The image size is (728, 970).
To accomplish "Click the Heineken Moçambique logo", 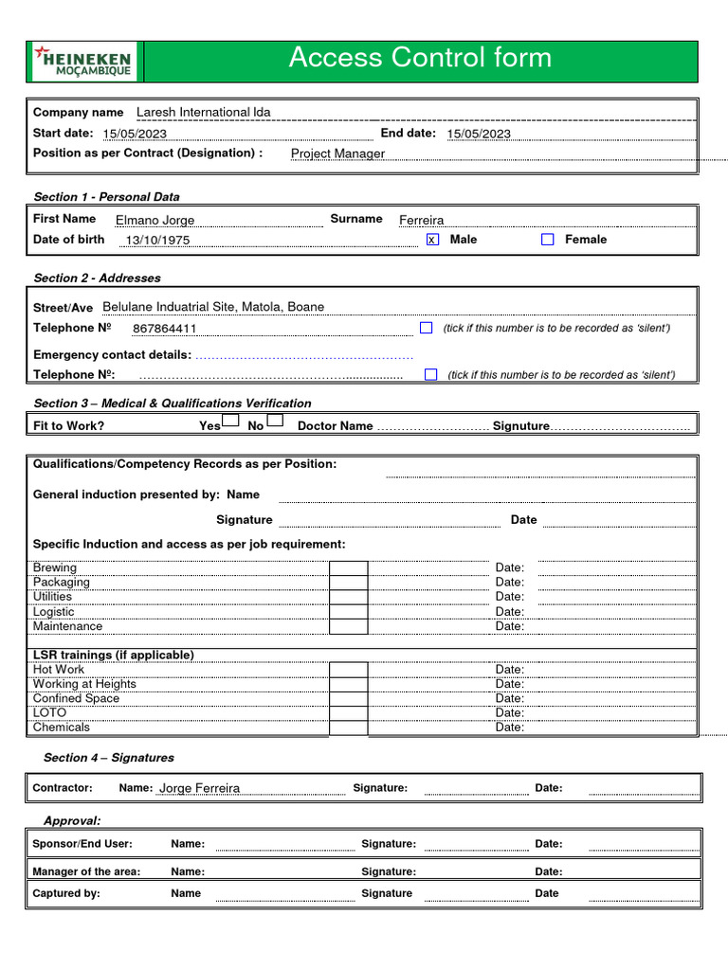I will pyautogui.click(x=83, y=61).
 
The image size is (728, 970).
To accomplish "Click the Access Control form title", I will pyautogui.click(x=420, y=58).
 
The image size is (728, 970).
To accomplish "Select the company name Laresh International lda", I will pyautogui.click(x=203, y=112).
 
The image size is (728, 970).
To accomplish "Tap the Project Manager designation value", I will pyautogui.click(x=337, y=153).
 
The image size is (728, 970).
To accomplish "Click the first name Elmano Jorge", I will pyautogui.click(x=155, y=220).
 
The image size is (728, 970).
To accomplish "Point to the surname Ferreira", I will pyautogui.click(x=421, y=220).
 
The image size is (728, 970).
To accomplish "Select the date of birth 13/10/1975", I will pyautogui.click(x=157, y=241).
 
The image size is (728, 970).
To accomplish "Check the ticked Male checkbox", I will pyautogui.click(x=432, y=240).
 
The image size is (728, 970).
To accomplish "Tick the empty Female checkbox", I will pyautogui.click(x=547, y=240).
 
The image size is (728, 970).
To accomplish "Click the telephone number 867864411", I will pyautogui.click(x=165, y=329).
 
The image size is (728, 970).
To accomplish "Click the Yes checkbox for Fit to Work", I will pyautogui.click(x=230, y=421).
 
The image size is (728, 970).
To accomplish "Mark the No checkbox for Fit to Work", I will pyautogui.click(x=275, y=421).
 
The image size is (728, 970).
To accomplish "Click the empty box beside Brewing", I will pyautogui.click(x=348, y=568).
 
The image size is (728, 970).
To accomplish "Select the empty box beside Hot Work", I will pyautogui.click(x=348, y=670).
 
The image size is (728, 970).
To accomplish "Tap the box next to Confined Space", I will pyautogui.click(x=348, y=699).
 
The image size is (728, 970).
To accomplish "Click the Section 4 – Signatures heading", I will pyautogui.click(x=108, y=758).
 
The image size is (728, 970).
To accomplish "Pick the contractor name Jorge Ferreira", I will pyautogui.click(x=199, y=788).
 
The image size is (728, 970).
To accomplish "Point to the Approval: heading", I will pyautogui.click(x=72, y=820).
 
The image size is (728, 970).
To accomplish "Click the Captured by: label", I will pyautogui.click(x=66, y=893).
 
